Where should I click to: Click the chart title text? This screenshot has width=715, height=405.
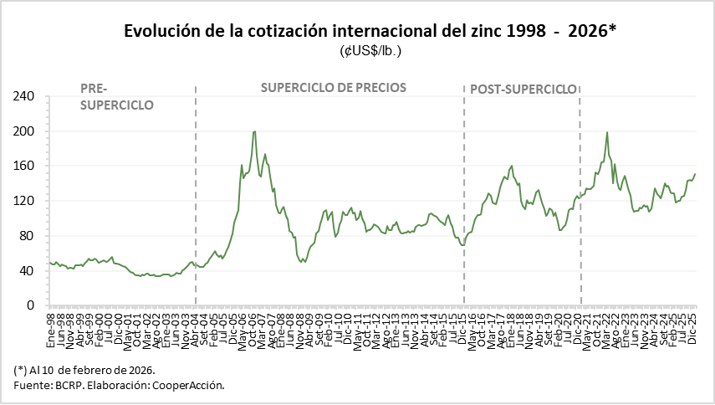point(370,31)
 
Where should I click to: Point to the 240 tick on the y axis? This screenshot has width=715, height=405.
point(24,97)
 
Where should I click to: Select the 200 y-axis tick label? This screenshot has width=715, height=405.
point(24,131)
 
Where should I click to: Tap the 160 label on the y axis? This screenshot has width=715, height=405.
point(24,167)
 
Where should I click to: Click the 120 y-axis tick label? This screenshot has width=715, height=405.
point(24,201)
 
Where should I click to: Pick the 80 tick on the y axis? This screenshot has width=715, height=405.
point(28,236)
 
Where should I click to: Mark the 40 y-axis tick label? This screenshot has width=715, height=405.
point(28,271)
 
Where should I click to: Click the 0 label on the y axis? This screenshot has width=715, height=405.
point(31,305)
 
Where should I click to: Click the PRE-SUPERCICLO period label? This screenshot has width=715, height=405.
point(116,97)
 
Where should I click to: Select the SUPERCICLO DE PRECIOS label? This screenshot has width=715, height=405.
point(334,87)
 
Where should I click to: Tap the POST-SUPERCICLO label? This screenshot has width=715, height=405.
point(523,89)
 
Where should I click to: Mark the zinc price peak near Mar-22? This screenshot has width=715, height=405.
point(607,132)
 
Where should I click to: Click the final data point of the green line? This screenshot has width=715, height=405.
point(695,174)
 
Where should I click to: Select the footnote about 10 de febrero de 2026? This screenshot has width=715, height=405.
point(85,369)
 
